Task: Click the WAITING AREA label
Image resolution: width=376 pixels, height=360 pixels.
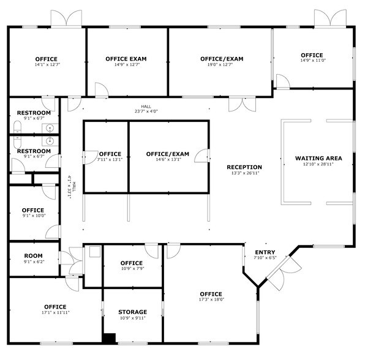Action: point(318,158)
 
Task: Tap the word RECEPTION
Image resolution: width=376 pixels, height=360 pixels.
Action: point(244,167)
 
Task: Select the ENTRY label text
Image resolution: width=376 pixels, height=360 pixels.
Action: point(265,252)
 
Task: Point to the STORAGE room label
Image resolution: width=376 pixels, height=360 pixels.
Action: point(132,312)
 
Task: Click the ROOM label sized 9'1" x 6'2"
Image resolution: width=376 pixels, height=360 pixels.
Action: point(33,256)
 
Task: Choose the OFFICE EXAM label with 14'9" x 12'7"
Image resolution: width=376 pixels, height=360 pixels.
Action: point(126,59)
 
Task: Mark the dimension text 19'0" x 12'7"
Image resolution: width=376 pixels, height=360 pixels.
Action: point(222,64)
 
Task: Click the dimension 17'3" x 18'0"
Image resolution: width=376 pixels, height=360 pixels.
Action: point(211,299)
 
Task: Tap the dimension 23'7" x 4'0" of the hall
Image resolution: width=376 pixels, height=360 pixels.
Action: point(146,111)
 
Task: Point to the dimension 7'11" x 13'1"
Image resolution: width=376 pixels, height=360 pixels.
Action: point(110,160)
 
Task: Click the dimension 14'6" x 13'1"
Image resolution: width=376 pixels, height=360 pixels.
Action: point(167,160)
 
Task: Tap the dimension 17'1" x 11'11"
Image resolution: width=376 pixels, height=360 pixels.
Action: point(55,312)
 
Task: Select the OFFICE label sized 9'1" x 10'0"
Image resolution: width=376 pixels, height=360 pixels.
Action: point(33,210)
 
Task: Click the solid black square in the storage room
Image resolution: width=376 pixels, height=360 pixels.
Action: point(109,338)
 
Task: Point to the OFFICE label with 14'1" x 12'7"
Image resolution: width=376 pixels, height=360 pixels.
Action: point(47,59)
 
